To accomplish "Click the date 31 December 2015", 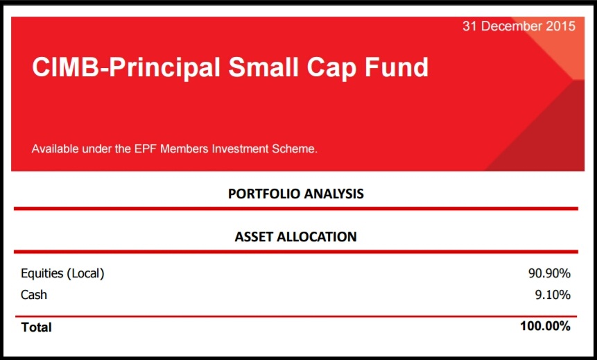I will coord(519,26).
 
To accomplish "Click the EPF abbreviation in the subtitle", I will coord(147,148).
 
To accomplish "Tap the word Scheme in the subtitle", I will coord(295,148).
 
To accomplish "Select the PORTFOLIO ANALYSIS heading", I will coord(296,194).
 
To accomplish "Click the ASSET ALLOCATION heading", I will coord(296,237).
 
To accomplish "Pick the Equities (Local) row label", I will coord(62,273).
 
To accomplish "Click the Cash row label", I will coord(34,295).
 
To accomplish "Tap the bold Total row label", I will coord(37,327).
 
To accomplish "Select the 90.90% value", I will coord(549,273).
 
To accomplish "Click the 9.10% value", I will coord(553,295).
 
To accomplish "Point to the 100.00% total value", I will coord(545,326).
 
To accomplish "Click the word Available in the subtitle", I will coord(55,148).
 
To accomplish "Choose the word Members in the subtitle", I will coord(187,148).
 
